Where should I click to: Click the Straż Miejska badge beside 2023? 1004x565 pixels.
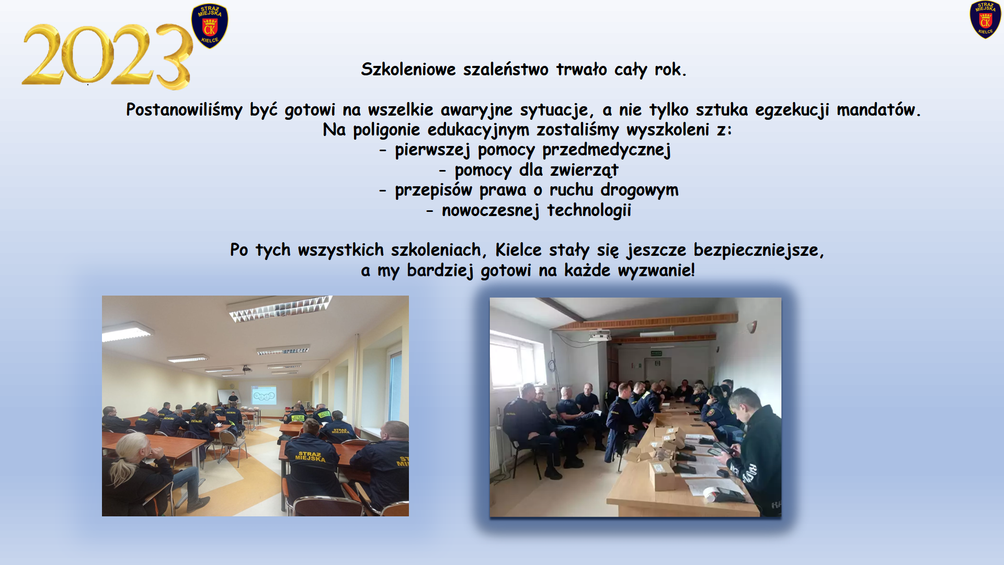pos(210,26)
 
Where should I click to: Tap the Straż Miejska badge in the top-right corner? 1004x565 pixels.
pos(985,19)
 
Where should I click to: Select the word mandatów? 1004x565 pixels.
pos(878,110)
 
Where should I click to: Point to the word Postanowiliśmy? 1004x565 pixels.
pos(184,110)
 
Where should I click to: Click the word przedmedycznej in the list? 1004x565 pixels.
pos(607,150)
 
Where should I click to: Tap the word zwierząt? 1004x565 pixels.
pos(584,170)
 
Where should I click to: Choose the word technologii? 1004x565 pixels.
pos(589,210)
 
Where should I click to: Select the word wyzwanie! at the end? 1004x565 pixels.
pos(656,270)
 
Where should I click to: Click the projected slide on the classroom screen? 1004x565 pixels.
pos(264,395)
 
